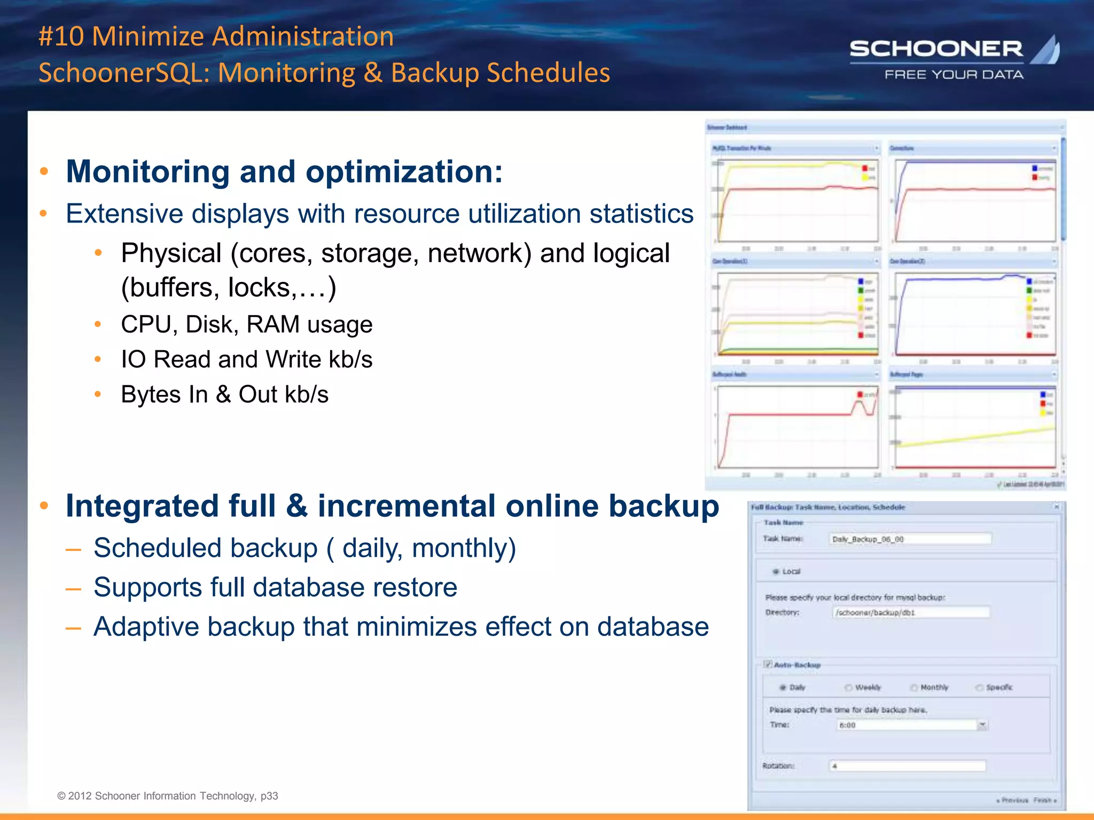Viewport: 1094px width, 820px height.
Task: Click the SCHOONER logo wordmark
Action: pos(936,49)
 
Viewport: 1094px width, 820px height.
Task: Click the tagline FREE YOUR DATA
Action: pos(954,75)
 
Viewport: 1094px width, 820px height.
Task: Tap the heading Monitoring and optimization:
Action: pos(284,171)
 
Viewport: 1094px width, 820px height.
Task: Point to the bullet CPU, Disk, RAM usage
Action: pos(246,324)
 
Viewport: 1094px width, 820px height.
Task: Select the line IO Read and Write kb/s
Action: pos(246,359)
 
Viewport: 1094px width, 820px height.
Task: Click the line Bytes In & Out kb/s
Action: pos(224,395)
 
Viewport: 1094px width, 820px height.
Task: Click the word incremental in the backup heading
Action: pos(405,506)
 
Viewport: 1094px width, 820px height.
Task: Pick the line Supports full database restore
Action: pos(275,587)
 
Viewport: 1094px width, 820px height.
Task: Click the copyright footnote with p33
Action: pos(168,796)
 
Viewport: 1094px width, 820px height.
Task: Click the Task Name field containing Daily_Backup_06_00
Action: pos(910,539)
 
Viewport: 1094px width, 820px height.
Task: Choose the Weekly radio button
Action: pos(848,688)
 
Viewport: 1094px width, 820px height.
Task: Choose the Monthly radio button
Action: pos(914,688)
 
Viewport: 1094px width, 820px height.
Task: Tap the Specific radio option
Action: pos(979,688)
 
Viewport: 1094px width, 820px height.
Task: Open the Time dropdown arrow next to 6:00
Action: pos(982,725)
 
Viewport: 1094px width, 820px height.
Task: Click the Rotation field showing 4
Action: pos(907,766)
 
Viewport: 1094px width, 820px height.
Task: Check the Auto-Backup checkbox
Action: pos(768,665)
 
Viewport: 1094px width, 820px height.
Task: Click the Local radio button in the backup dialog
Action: pos(776,572)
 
